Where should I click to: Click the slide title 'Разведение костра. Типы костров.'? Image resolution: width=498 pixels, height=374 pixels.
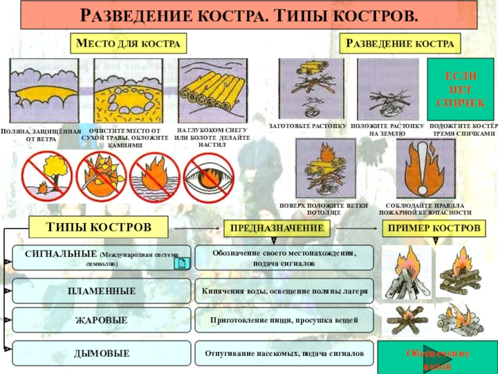tap(249, 15)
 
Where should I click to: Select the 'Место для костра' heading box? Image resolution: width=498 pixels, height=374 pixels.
tap(129, 43)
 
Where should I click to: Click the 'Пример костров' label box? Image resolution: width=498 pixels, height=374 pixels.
tap(435, 229)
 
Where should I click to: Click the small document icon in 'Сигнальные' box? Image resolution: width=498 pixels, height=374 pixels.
tap(181, 264)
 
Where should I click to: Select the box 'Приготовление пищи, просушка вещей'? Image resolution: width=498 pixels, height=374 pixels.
tap(284, 320)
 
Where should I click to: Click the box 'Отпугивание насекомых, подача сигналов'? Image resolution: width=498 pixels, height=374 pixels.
tap(284, 353)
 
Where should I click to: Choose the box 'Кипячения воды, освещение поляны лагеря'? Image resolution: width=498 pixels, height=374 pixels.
tap(284, 291)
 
